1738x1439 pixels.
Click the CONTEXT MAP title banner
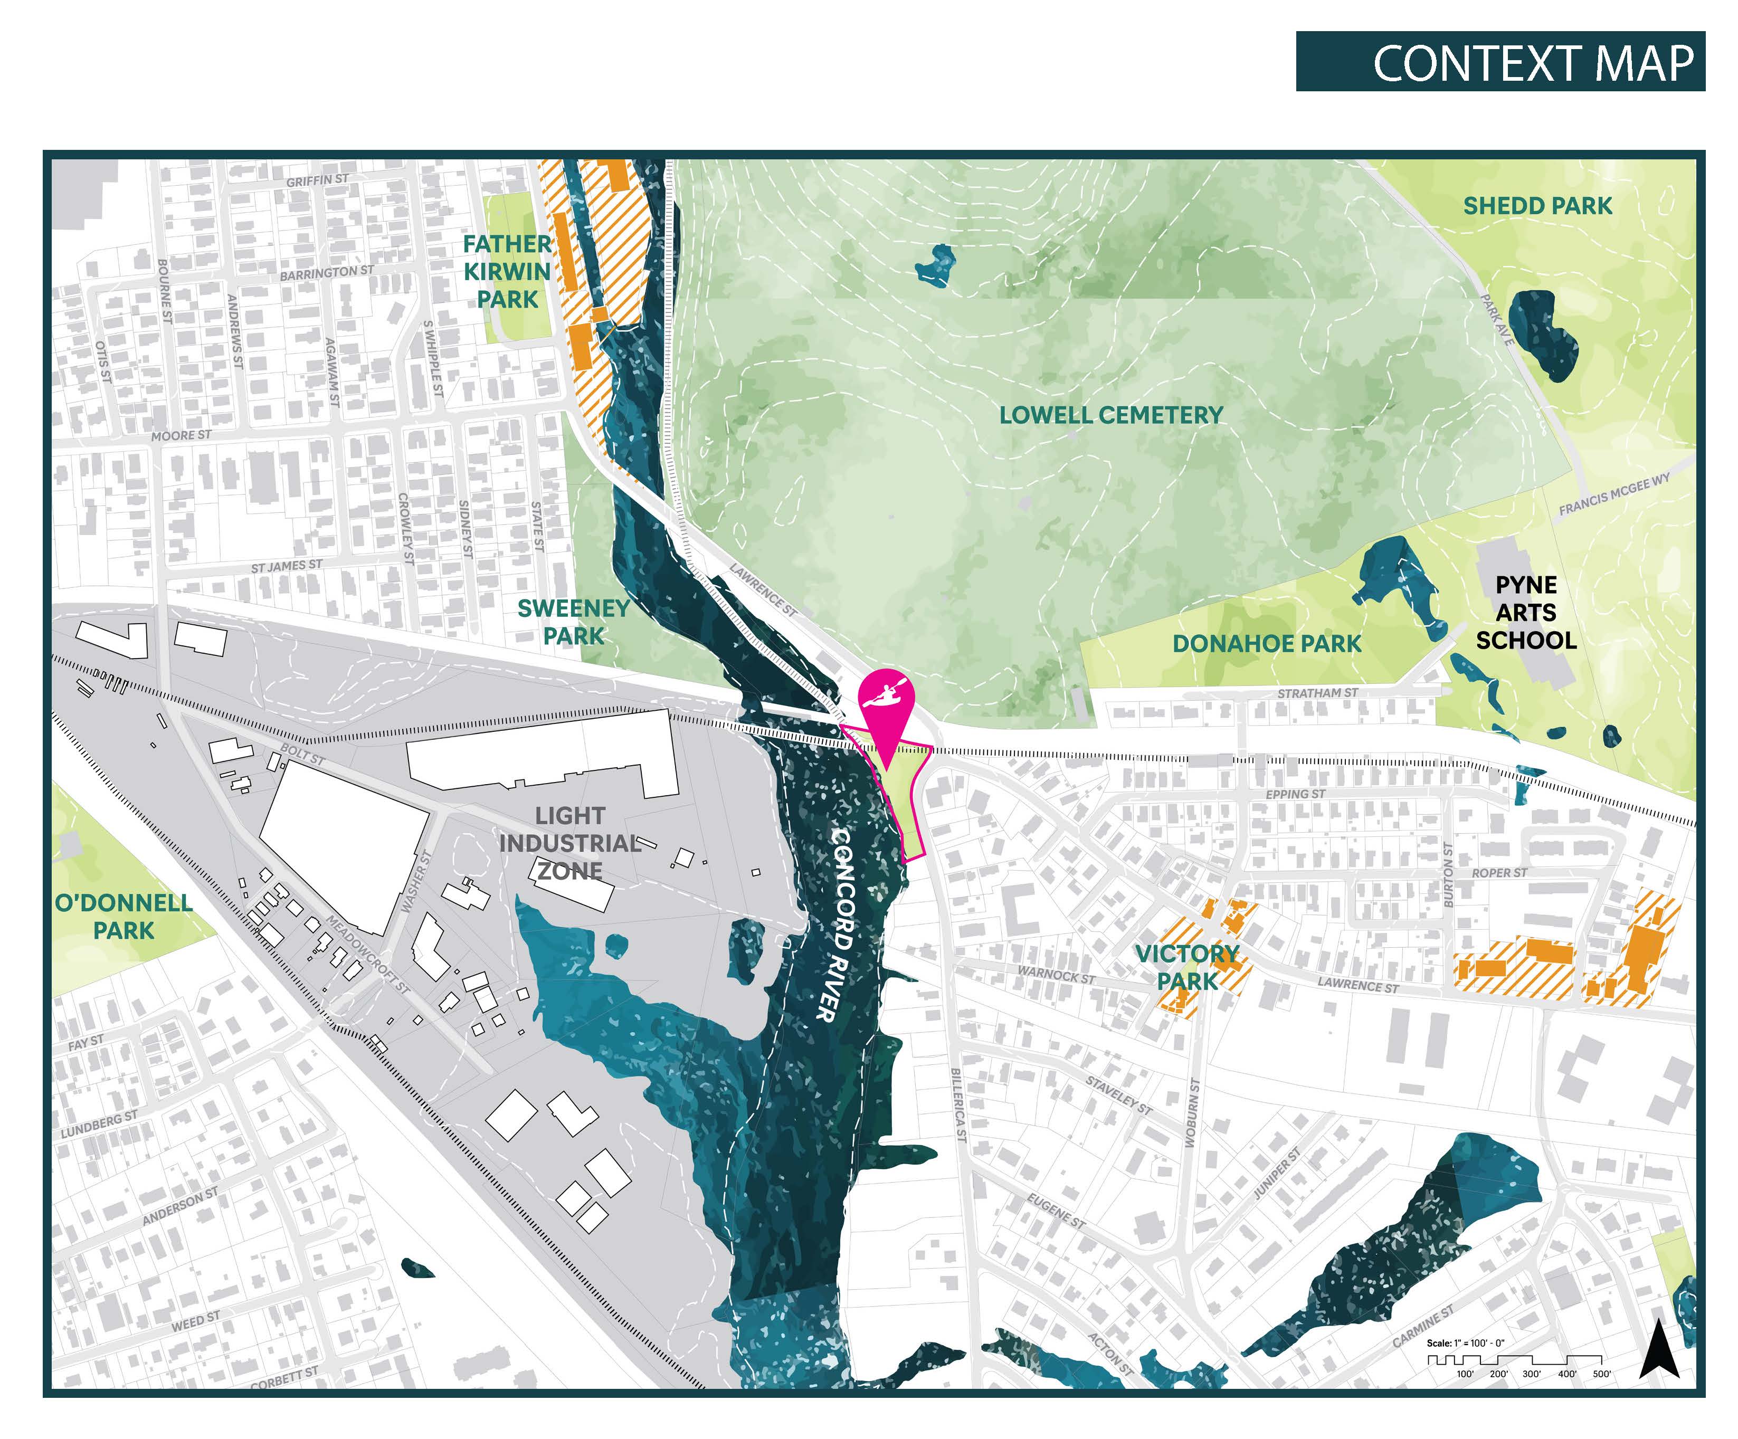(x=1499, y=62)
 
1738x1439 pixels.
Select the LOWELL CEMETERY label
(x=1110, y=415)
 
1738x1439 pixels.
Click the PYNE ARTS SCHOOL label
(x=1526, y=613)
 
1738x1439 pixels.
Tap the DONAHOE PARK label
(x=1266, y=644)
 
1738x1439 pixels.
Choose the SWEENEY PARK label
(x=574, y=622)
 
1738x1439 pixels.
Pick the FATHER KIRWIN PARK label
(x=507, y=271)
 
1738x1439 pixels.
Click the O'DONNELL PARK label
(x=124, y=917)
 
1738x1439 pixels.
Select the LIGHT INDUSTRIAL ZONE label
(x=570, y=843)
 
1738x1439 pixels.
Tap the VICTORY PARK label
(x=1187, y=967)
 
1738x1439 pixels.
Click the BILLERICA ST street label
(x=958, y=1104)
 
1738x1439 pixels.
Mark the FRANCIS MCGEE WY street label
(x=1614, y=494)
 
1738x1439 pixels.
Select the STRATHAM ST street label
(x=1317, y=693)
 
